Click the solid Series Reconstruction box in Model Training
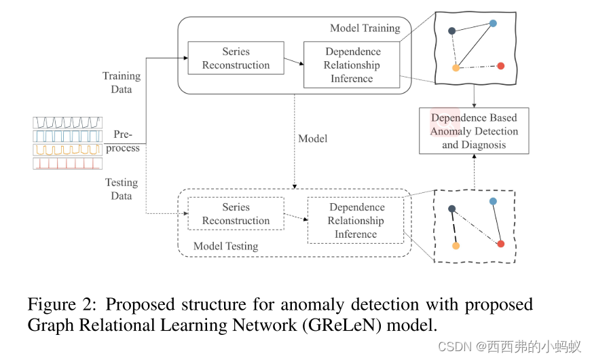[x=236, y=58]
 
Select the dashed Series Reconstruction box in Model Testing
[x=236, y=214]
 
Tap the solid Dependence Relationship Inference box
[x=352, y=65]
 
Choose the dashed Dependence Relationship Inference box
[x=356, y=221]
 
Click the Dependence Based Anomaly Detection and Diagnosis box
[x=473, y=131]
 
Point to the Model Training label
[x=365, y=28]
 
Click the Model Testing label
[x=225, y=246]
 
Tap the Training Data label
[x=122, y=82]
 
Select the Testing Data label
[x=122, y=189]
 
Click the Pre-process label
[x=126, y=141]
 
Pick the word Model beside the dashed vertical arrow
[x=312, y=139]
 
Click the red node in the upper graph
[x=500, y=66]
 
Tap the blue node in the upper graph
[x=493, y=23]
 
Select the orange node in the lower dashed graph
[x=456, y=245]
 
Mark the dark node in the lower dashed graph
[x=451, y=209]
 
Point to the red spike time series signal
[x=68, y=164]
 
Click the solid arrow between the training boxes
[x=293, y=62]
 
